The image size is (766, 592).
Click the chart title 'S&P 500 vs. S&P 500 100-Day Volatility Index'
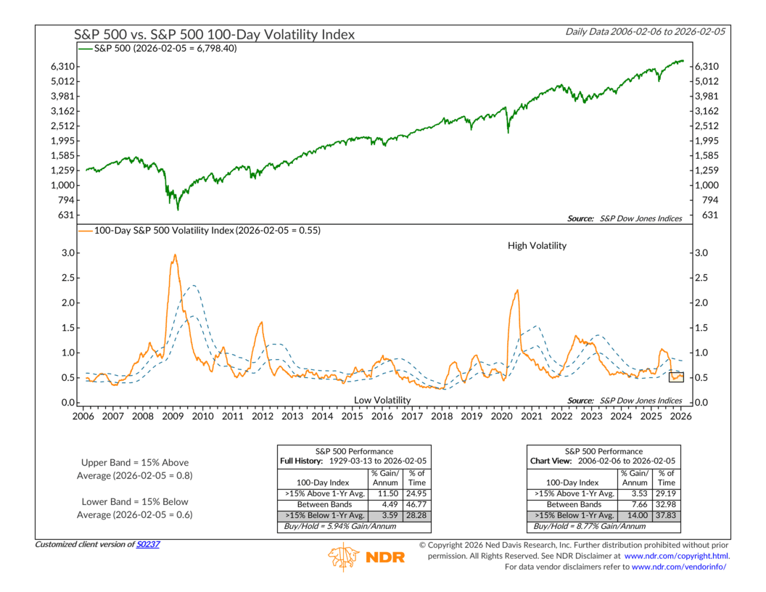click(x=215, y=34)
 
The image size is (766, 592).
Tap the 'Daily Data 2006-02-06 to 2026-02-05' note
click(x=645, y=31)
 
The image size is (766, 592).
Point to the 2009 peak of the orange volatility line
click(x=175, y=255)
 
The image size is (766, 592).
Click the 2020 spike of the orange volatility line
click(x=516, y=291)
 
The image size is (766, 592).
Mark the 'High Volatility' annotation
click(x=537, y=246)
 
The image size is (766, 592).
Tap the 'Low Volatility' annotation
click(x=382, y=400)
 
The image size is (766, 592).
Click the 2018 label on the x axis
click(x=441, y=416)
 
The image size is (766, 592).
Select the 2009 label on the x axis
click(x=173, y=416)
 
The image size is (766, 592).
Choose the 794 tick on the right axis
click(x=702, y=200)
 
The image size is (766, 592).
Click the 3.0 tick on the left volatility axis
click(x=66, y=253)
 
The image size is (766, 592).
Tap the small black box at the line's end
click(x=677, y=376)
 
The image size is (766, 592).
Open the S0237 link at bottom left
click(x=149, y=544)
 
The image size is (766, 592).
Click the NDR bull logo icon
click(x=343, y=557)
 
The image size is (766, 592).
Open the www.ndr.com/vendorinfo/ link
click(x=680, y=567)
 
